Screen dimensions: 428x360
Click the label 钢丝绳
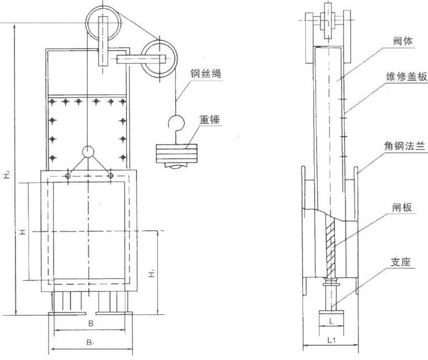pos(205,73)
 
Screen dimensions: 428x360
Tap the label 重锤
pos(209,120)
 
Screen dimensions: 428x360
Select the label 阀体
pos(403,41)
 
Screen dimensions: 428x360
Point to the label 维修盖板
pos(406,76)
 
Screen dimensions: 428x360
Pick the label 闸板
pos(402,208)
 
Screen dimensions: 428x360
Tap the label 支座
pos(400,262)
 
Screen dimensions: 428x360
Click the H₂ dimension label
pos(7,174)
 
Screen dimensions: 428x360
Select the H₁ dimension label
pos(152,273)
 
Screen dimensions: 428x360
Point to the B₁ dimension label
pos(91,342)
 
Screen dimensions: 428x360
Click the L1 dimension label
pos(331,340)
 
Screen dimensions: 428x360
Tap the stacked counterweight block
pos(177,153)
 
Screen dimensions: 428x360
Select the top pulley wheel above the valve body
pos(103,23)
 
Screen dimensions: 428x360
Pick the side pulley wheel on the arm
pos(160,59)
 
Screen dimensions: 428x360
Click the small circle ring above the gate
pos(88,152)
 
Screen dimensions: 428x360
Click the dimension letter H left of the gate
pos(23,232)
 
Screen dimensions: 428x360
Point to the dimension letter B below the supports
pos(91,324)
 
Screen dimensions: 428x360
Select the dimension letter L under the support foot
pos(331,321)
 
